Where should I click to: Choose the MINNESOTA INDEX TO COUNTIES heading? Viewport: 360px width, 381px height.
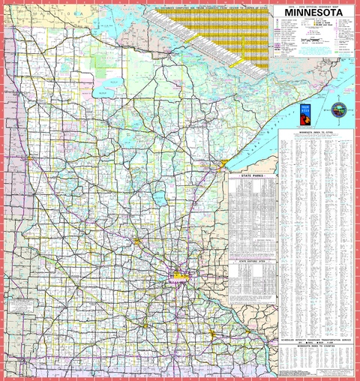tap(314, 346)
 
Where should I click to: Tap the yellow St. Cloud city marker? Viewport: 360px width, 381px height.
tap(138, 241)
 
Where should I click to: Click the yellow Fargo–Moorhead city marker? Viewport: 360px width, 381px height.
tap(28, 159)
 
